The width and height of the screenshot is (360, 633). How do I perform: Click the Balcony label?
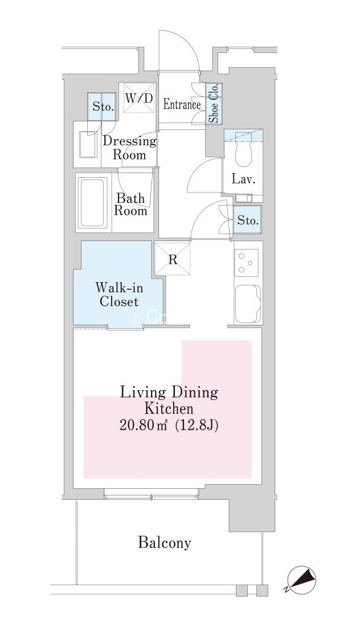(x=164, y=543)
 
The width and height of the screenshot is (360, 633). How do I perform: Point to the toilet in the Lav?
(x=243, y=151)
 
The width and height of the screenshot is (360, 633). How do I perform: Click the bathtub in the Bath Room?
(x=93, y=203)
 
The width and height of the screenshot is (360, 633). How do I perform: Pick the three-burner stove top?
(x=247, y=263)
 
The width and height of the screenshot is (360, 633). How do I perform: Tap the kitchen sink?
(x=248, y=304)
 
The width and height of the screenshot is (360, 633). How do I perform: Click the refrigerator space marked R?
(x=173, y=259)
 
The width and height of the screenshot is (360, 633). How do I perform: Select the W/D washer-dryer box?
(x=138, y=99)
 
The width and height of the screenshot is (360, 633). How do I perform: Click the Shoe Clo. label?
(x=214, y=103)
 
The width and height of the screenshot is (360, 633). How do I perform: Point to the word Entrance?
(x=182, y=105)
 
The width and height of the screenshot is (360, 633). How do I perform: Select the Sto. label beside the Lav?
(x=247, y=221)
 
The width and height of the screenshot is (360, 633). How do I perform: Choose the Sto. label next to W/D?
(x=103, y=107)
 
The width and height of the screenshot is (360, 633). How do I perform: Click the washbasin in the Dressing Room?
(x=88, y=144)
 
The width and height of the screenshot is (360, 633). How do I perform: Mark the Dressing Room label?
(x=129, y=148)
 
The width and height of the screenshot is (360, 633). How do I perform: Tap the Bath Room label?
(x=130, y=205)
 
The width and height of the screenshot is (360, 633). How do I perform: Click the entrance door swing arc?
(x=189, y=42)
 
